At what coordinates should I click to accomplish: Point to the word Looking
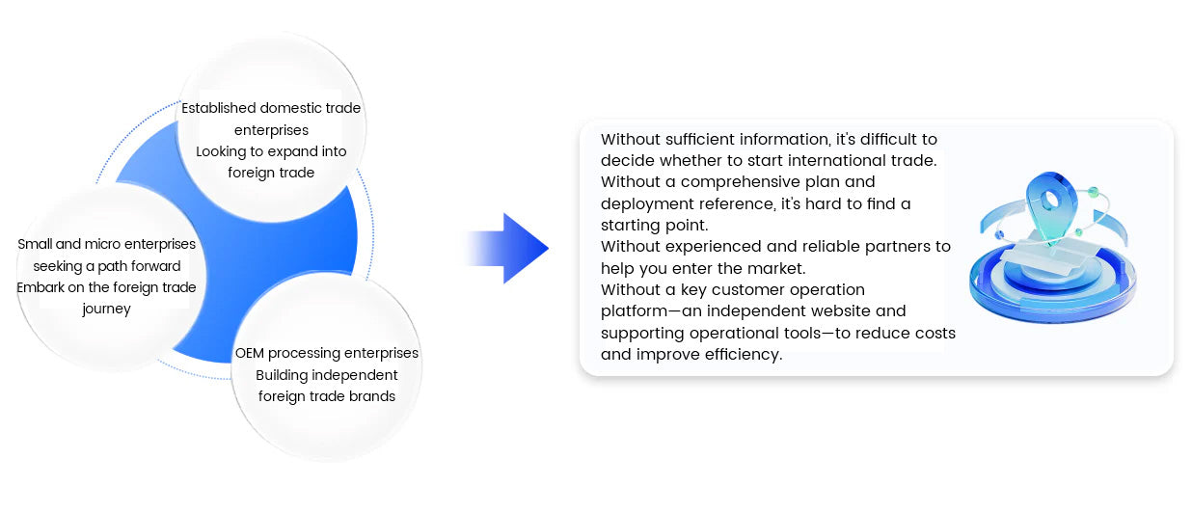(223, 151)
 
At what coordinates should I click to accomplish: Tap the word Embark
(41, 287)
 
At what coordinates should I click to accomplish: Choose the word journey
(106, 310)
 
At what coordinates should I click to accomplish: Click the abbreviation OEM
(250, 353)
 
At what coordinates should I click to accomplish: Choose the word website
(839, 310)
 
